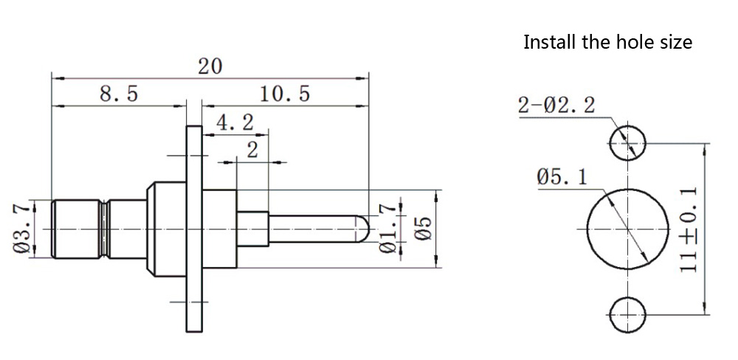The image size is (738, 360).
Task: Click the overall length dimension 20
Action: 210,66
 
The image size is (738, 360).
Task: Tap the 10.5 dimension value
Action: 284,94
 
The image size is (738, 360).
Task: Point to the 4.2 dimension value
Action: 235,122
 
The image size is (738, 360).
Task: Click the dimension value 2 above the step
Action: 252,150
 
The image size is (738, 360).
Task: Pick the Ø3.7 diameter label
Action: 22,229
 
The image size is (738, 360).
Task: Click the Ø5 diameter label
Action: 423,229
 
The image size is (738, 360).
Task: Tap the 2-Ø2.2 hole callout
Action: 556,105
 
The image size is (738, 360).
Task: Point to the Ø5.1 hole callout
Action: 562,176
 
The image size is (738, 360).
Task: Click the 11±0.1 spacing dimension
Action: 689,229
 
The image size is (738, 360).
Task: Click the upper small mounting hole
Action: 627,141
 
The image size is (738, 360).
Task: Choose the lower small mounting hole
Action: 627,314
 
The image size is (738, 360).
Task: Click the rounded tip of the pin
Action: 363,228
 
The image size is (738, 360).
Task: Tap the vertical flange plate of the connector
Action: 193,229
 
